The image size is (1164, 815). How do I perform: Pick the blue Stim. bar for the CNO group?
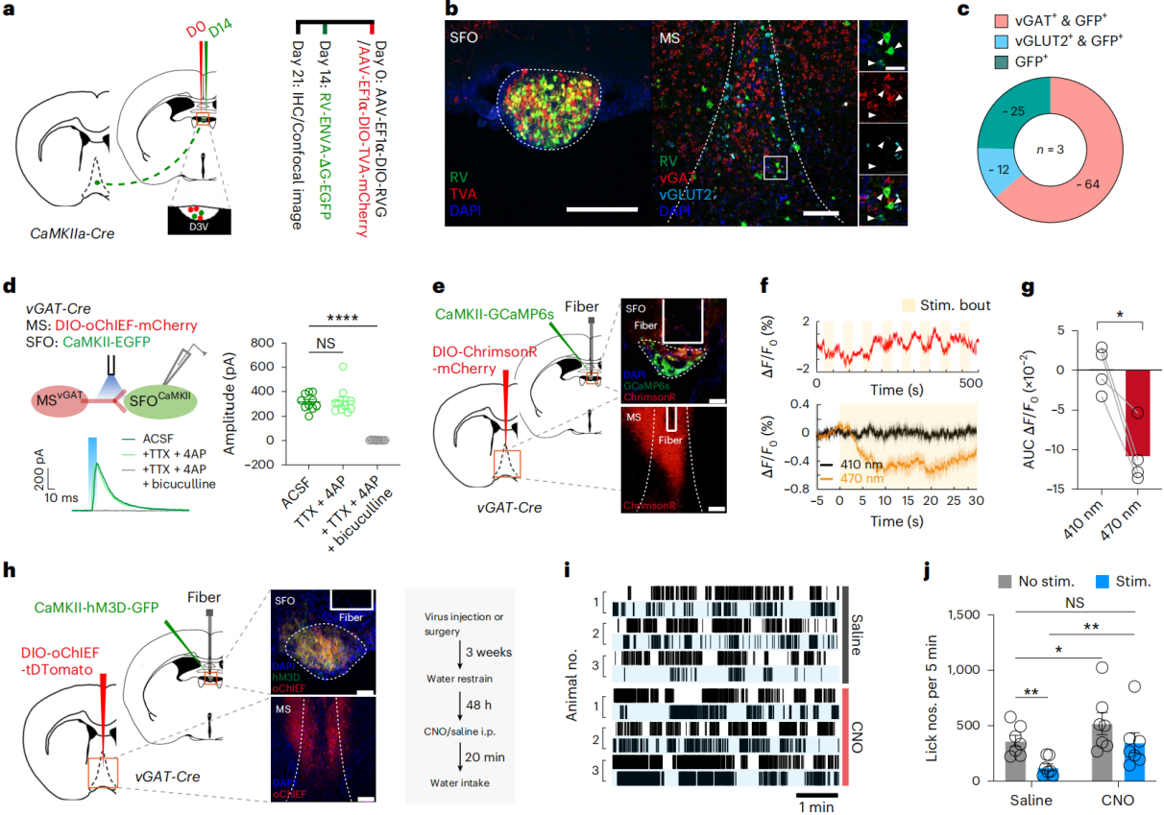coord(1112,748)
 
